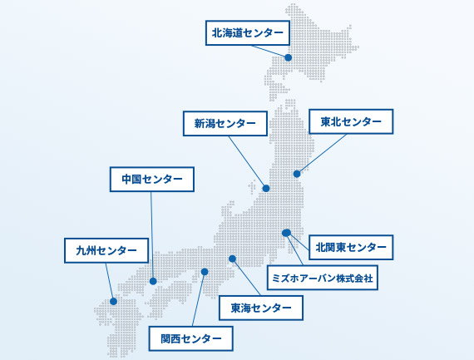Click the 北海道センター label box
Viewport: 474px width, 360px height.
tap(248, 33)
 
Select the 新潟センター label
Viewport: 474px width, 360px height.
tap(225, 123)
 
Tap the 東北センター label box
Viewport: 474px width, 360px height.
tap(351, 121)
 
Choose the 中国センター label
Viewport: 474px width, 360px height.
tap(151, 180)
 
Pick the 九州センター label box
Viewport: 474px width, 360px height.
tap(106, 250)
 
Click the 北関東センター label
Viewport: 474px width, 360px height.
tap(351, 247)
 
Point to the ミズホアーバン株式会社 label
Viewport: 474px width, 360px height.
tap(323, 278)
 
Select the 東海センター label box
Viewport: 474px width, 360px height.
tap(261, 308)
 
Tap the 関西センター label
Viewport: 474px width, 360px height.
tap(190, 338)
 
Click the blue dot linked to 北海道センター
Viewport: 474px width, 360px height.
tap(289, 57)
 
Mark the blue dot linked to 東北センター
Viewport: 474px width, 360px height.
tap(297, 174)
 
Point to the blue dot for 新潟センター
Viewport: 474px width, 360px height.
tap(266, 188)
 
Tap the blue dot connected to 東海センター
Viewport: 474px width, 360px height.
tap(232, 259)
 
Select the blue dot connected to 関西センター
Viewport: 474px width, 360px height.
tap(205, 272)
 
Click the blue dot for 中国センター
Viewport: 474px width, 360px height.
tap(153, 281)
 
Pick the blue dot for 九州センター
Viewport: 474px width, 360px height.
tap(113, 301)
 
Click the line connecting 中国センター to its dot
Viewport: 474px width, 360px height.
tap(152, 234)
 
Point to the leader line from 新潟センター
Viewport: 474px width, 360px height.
tap(246, 160)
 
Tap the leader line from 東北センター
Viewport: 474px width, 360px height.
tap(323, 153)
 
